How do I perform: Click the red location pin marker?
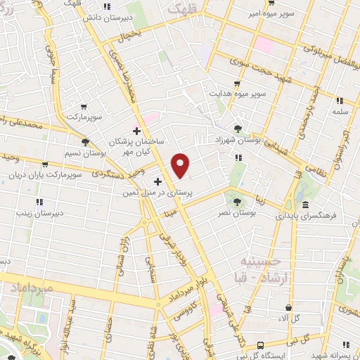(181, 165)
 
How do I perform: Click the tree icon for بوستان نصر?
(237, 201)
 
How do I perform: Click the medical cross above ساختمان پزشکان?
(136, 131)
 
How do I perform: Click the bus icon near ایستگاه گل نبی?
(260, 345)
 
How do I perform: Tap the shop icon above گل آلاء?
(288, 307)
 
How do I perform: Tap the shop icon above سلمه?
(339, 101)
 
